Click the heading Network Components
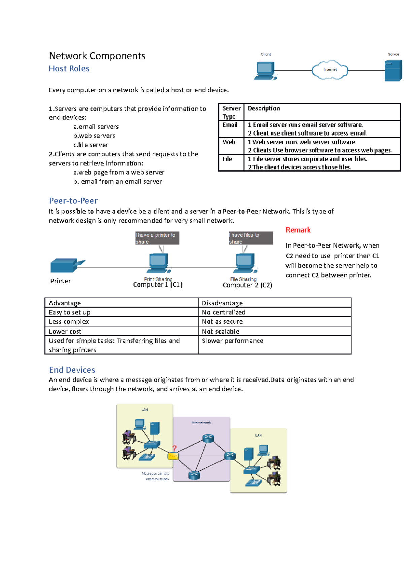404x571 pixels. click(x=97, y=56)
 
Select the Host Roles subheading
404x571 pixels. click(x=69, y=69)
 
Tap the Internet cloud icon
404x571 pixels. click(x=330, y=70)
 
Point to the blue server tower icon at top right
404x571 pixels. click(x=393, y=70)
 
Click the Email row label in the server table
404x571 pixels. click(x=230, y=125)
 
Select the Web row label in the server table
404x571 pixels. click(x=229, y=142)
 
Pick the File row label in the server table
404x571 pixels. click(x=227, y=159)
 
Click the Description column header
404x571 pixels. click(x=264, y=108)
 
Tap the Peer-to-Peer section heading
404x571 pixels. click(x=73, y=201)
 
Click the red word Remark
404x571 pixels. click(x=298, y=230)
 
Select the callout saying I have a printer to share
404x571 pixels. click(x=157, y=238)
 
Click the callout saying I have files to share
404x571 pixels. click(x=250, y=238)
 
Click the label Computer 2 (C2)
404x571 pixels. click(x=247, y=285)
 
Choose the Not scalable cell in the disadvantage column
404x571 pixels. click(x=221, y=331)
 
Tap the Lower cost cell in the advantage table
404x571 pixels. click(x=65, y=331)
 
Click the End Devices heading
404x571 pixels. click(x=72, y=370)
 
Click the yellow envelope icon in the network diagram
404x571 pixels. click(x=173, y=456)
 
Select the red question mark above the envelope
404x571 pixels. click(x=174, y=448)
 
